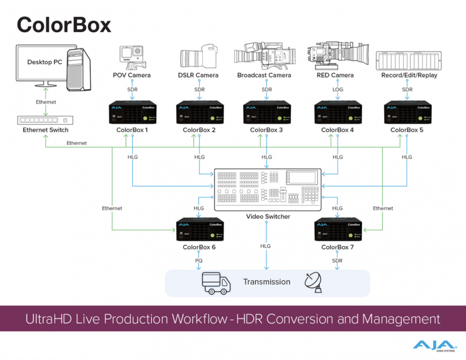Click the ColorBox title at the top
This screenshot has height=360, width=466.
tap(64, 24)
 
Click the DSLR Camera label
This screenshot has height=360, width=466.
tap(199, 76)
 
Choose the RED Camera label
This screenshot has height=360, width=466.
tap(334, 76)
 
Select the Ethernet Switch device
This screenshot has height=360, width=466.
tap(45, 118)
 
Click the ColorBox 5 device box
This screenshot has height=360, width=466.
tap(406, 113)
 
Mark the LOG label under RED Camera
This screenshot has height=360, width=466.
tap(338, 89)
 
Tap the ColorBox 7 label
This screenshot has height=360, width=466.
tap(338, 247)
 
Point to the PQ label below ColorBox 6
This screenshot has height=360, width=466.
tap(199, 260)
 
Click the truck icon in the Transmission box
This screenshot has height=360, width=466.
tap(216, 283)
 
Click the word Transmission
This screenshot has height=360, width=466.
tap(267, 282)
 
